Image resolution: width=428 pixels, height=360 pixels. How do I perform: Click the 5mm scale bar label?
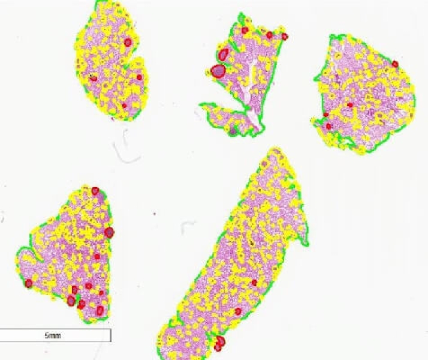[x=52, y=335]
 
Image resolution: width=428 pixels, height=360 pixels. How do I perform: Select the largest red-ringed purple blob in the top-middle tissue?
[x=218, y=71]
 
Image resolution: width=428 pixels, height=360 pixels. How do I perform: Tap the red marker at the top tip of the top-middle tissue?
[x=245, y=29]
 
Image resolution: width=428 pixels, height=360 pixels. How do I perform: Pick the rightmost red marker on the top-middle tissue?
[x=284, y=37]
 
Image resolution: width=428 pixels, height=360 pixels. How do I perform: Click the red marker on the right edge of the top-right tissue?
[x=395, y=64]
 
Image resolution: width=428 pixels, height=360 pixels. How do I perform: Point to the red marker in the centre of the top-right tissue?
[x=349, y=105]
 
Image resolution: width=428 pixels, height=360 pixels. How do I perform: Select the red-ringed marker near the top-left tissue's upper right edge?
[x=128, y=42]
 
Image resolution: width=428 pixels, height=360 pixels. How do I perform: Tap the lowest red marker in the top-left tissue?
[x=125, y=106]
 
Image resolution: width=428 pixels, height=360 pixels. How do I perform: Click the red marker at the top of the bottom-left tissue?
[x=95, y=191]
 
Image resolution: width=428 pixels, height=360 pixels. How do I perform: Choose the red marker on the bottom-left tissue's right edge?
[x=109, y=232]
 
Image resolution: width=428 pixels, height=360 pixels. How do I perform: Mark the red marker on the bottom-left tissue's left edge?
[x=28, y=283]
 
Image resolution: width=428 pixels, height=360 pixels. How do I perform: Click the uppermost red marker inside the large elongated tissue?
[x=254, y=283]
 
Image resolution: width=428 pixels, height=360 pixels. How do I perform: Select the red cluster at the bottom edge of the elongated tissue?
[x=219, y=344]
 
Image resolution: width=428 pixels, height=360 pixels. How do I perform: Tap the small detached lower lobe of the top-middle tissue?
[x=224, y=118]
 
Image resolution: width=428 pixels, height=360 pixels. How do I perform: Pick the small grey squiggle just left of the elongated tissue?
[x=189, y=226]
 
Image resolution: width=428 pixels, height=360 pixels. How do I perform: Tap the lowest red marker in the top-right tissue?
[x=328, y=127]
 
